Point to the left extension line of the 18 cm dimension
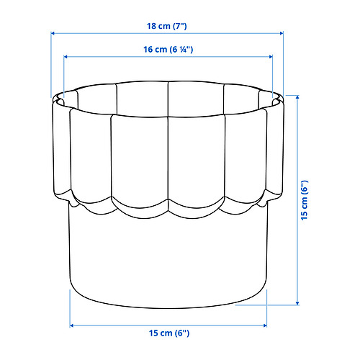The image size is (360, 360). tap(52, 65)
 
